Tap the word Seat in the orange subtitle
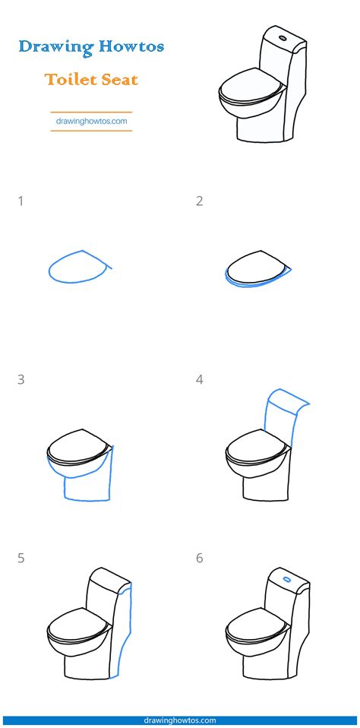click(119, 79)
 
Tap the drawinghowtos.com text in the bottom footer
click(180, 720)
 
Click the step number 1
click(21, 201)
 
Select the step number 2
click(199, 201)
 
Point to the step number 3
click(21, 379)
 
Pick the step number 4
click(199, 379)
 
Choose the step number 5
click(21, 558)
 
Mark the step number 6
click(199, 558)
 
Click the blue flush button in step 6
click(286, 579)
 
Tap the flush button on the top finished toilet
click(283, 36)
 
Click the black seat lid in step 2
click(254, 267)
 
